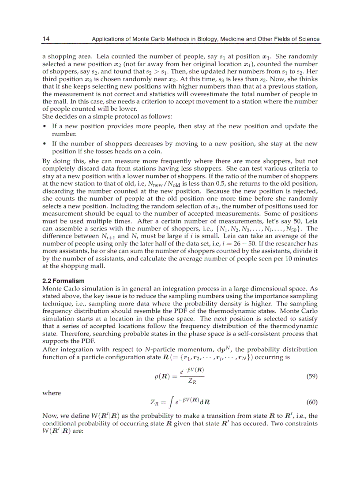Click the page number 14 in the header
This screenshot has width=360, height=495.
pyautogui.click(x=46, y=39)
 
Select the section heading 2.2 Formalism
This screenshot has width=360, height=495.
pyautogui.click(x=63, y=280)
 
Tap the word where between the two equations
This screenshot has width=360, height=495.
pyautogui.click(x=52, y=393)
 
